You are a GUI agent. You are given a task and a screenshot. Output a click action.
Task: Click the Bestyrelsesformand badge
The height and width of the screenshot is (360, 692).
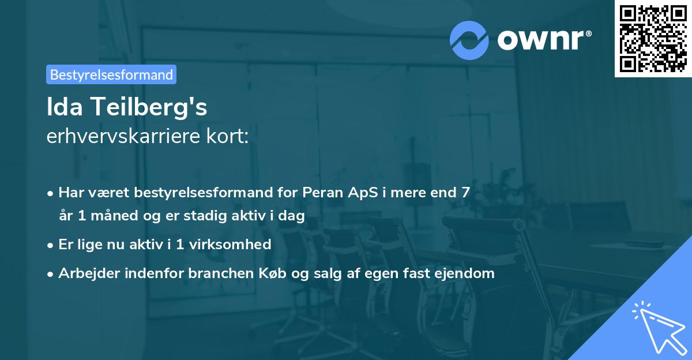[111, 74]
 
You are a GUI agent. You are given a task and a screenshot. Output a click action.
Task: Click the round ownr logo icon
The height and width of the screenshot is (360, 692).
[469, 40]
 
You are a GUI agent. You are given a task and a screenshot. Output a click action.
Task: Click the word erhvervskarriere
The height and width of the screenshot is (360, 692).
[121, 137]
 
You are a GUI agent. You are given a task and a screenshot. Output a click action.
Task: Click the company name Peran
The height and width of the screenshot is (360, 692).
[321, 193]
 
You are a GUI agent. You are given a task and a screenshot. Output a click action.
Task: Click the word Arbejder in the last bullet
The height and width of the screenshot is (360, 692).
[85, 273]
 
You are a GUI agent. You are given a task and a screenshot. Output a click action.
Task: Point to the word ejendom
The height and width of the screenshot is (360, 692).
[467, 273]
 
